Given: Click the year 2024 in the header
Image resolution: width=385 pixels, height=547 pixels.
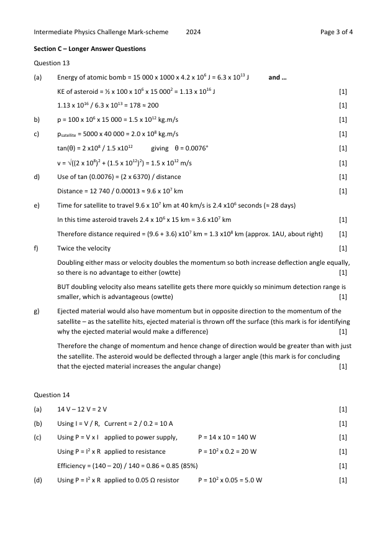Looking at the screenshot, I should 193,32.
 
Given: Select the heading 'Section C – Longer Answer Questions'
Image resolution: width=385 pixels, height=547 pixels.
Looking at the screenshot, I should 90,48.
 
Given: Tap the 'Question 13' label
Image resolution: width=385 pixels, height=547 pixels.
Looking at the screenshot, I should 52,63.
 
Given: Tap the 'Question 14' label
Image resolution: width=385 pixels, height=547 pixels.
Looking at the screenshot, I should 52,395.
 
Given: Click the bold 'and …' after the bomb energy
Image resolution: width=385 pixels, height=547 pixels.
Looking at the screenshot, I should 278,78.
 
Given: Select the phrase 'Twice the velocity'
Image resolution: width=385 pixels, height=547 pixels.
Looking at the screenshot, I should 84,248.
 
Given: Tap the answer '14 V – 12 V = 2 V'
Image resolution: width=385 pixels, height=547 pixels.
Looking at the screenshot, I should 82,409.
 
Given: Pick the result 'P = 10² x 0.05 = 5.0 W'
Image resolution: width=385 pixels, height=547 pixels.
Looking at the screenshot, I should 230,480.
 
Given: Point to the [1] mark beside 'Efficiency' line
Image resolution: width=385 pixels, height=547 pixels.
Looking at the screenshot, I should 343,466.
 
